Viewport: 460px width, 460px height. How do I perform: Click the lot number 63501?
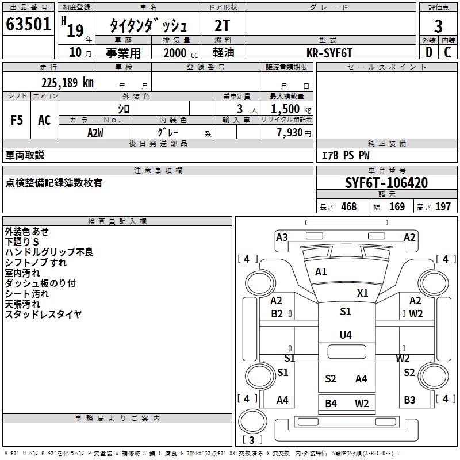click(x=28, y=24)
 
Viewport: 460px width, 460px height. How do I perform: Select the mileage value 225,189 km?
click(x=67, y=83)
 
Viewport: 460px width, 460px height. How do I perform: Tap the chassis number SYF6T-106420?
click(x=386, y=183)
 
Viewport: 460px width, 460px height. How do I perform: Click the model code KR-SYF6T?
click(x=329, y=53)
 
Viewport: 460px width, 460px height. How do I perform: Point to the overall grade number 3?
click(x=438, y=26)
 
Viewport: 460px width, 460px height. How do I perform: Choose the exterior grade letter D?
click(x=429, y=52)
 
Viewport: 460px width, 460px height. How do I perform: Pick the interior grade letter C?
click(x=447, y=52)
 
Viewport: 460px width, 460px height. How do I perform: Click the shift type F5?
click(x=17, y=120)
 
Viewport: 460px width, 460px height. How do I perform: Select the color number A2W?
click(x=95, y=133)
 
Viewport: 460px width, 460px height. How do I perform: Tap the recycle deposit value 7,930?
click(x=290, y=132)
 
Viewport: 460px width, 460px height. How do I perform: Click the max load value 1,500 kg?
click(x=291, y=109)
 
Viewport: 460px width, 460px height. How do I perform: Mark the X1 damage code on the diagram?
click(x=363, y=293)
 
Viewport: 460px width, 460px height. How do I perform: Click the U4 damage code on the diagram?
click(x=346, y=335)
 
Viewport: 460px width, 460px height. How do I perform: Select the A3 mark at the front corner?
click(x=282, y=237)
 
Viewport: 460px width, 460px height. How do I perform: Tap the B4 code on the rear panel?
click(x=331, y=404)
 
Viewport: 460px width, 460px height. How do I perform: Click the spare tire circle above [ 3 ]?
click(x=253, y=421)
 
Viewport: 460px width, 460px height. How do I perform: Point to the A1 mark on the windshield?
click(x=321, y=271)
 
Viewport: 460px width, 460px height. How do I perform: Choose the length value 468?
click(x=349, y=206)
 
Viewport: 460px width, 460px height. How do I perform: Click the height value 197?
click(x=443, y=206)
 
